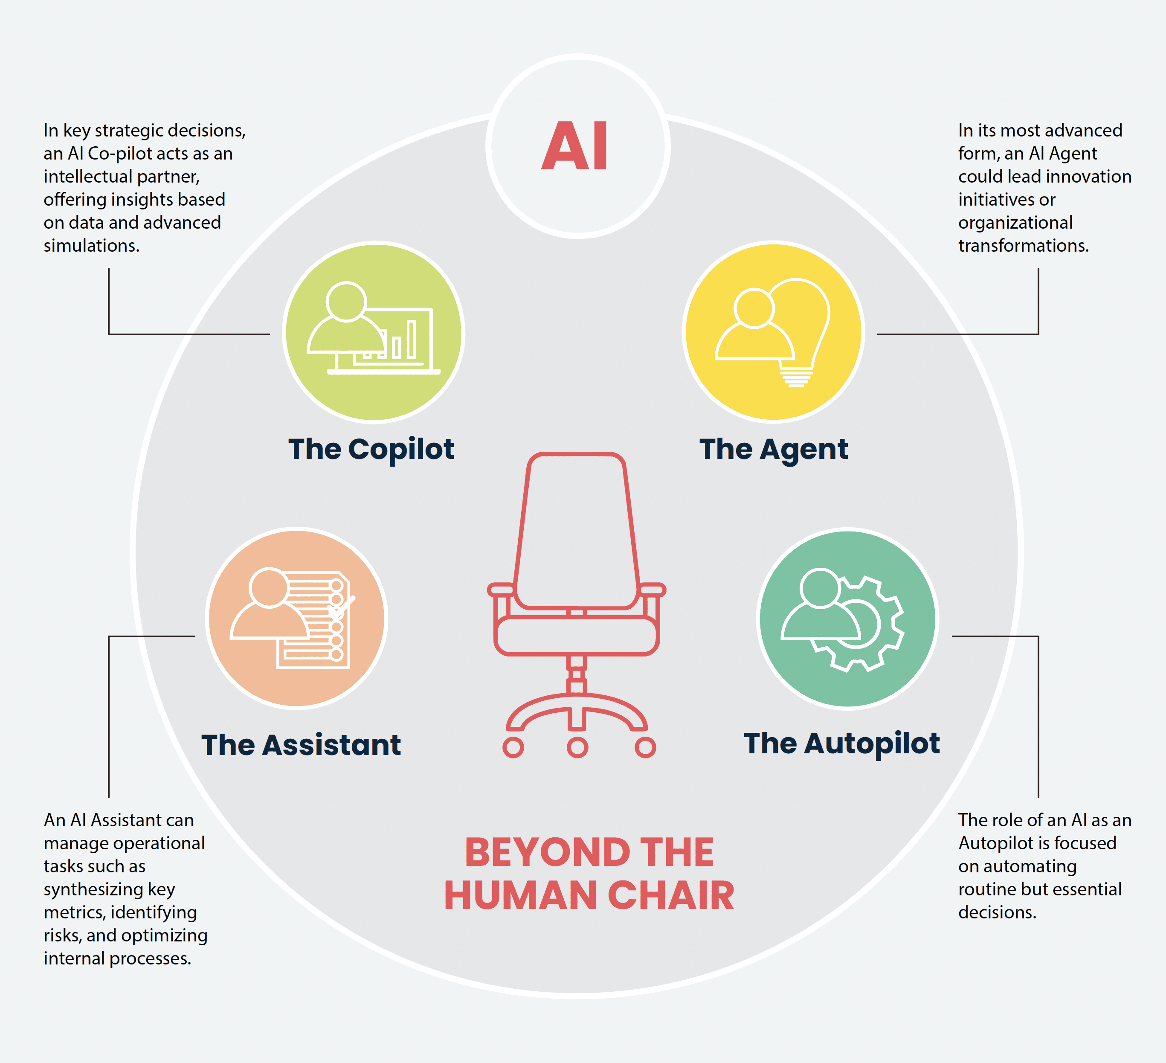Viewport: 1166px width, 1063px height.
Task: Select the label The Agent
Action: point(773,449)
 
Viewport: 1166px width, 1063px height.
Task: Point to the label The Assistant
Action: point(301,745)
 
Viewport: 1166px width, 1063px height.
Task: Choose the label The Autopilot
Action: point(841,744)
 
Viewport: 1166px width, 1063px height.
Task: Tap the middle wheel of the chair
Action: point(577,747)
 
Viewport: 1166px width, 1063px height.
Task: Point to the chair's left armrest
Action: point(501,590)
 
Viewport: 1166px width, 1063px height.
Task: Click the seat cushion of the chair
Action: point(577,636)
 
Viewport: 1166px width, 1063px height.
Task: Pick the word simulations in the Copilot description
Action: point(91,246)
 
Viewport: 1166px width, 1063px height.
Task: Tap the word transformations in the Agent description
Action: point(1023,246)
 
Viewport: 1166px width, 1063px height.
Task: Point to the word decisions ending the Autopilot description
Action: point(997,912)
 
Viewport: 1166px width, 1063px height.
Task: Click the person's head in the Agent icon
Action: point(754,308)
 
